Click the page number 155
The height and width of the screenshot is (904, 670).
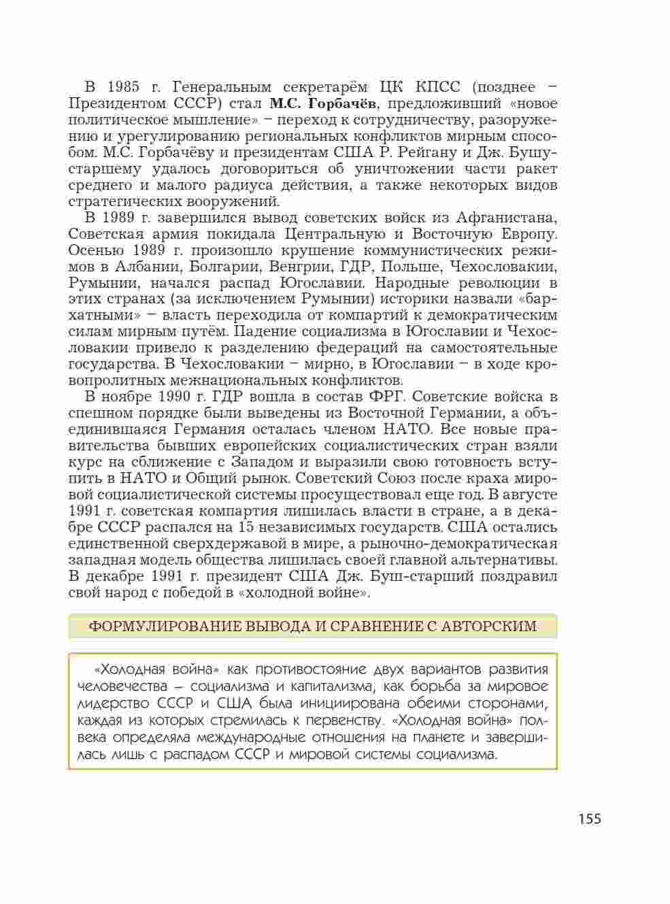pos(590,818)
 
